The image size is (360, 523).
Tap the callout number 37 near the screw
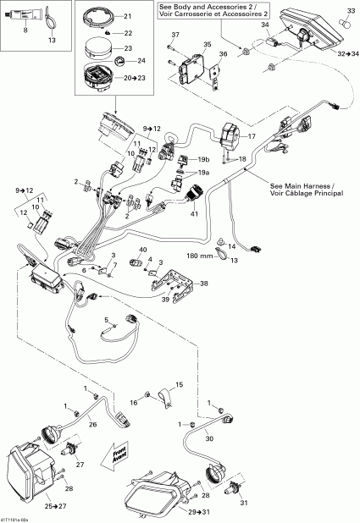[x=175, y=34]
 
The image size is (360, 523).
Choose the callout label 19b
[x=203, y=159]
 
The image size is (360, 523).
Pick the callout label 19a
[x=203, y=172]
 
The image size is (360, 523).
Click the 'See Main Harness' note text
[x=302, y=188]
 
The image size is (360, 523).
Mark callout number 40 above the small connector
[x=141, y=250]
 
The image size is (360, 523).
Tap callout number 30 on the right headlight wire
[x=210, y=438]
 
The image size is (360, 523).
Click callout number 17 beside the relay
[x=251, y=135]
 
